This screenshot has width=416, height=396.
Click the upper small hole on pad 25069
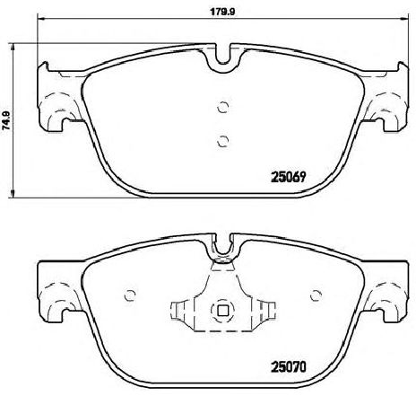pyautogui.click(x=222, y=106)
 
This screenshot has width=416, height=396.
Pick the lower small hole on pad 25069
pyautogui.click(x=222, y=139)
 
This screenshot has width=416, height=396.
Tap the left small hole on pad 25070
pyautogui.click(x=131, y=295)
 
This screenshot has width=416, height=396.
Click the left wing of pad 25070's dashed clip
pyautogui.click(x=185, y=311)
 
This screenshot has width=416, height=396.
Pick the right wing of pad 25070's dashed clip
pyautogui.click(x=260, y=311)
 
